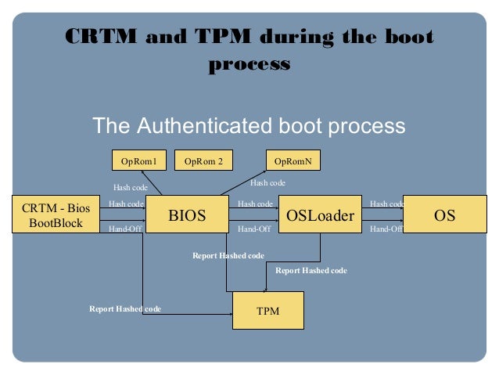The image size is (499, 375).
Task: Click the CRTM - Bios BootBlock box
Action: click(x=56, y=215)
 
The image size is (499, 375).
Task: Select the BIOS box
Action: click(x=187, y=215)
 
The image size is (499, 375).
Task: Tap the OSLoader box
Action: click(x=320, y=215)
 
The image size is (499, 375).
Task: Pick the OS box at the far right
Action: click(x=445, y=215)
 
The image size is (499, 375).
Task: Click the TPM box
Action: click(x=268, y=311)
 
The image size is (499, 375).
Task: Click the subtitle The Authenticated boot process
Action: click(x=249, y=125)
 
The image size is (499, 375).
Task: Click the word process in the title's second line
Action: click(x=249, y=63)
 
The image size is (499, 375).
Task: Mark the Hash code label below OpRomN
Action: click(x=267, y=182)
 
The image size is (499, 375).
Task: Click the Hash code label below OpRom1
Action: click(x=131, y=187)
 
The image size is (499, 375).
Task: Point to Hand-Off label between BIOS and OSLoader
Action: click(x=254, y=229)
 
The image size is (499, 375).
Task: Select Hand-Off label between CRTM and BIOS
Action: click(x=125, y=229)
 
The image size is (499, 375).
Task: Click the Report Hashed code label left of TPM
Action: click(x=125, y=308)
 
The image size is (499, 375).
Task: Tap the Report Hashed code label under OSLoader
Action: click(x=311, y=270)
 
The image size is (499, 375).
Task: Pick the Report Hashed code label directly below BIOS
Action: click(x=228, y=255)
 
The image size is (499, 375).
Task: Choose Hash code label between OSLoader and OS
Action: click(x=386, y=204)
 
